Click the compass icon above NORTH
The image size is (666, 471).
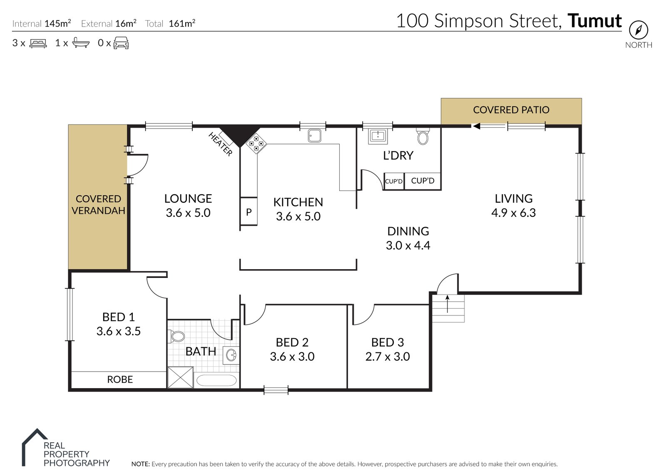tap(638, 30)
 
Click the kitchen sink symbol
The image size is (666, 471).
tap(314, 136)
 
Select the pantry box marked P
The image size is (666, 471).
tap(249, 212)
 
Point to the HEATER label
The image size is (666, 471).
tap(220, 144)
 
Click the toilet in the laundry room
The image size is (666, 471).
tap(422, 136)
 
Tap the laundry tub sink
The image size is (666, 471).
tap(378, 136)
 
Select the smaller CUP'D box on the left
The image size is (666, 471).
tap(393, 181)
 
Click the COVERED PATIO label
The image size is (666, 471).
tap(511, 110)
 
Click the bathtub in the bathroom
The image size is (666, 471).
tap(216, 380)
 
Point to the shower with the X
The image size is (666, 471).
tap(180, 377)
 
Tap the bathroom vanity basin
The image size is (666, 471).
tap(231, 355)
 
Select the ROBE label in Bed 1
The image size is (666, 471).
tap(120, 379)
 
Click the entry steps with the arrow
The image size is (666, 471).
tap(448, 308)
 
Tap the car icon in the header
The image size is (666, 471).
tap(121, 43)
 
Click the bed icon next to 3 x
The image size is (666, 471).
tap(38, 43)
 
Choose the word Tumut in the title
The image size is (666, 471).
tap(594, 21)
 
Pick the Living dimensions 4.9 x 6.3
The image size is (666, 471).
tap(513, 213)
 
